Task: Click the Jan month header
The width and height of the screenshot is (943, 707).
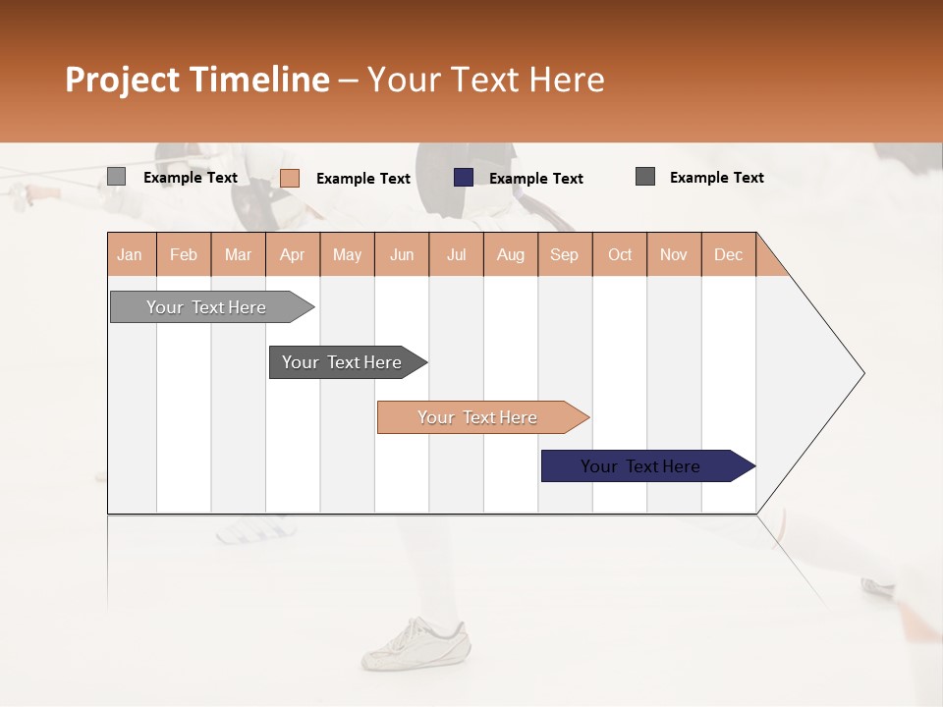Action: point(131,254)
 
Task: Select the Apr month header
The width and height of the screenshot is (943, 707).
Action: point(293,254)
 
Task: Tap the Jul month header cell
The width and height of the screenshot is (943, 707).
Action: point(457,254)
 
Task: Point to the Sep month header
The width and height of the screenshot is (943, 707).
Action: point(565,254)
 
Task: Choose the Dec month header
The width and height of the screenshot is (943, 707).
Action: point(728,254)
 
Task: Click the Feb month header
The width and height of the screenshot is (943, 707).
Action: point(184,254)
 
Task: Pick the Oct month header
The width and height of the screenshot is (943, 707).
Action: point(620,254)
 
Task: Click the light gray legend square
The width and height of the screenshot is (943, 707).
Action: point(116,177)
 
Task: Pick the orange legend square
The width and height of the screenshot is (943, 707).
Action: point(289,178)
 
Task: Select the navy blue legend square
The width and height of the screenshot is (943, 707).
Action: point(464,177)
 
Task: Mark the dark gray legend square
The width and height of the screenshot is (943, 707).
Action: point(645,177)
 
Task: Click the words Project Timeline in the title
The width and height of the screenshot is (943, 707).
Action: point(196,80)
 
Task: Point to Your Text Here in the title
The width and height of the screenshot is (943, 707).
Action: point(485,80)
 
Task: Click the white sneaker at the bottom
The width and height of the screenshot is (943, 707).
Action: point(416,642)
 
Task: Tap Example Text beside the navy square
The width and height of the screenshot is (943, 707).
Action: point(535,179)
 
